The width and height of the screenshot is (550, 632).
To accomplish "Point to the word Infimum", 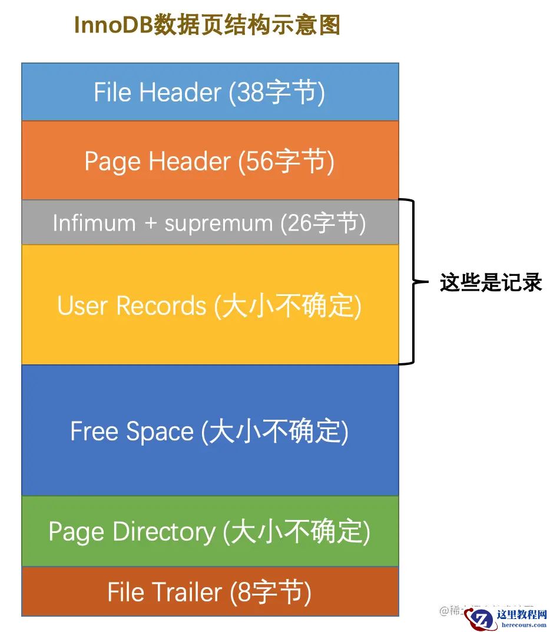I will coord(94,223).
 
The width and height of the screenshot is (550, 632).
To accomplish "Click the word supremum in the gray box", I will coord(218,223).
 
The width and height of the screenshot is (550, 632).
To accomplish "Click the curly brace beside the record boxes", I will coord(412,282).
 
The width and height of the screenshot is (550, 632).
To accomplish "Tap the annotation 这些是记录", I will coord(491,283).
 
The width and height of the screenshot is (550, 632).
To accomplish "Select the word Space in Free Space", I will coord(163,432).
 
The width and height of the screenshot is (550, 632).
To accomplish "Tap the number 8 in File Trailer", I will coord(243,592).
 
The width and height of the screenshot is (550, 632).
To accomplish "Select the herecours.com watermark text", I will coord(521,625).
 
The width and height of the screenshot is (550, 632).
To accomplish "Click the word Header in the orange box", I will coord(190,162).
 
